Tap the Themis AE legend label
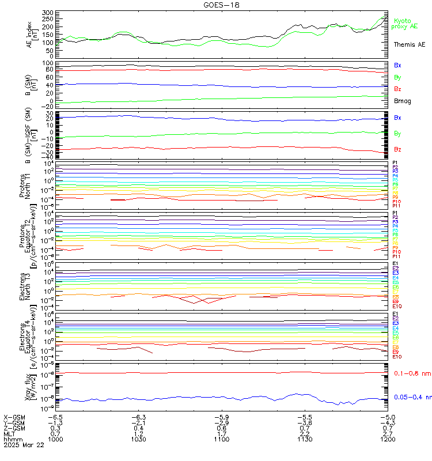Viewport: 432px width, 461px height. [408, 44]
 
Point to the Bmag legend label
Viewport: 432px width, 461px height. [402, 101]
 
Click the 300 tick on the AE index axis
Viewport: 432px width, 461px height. [48, 13]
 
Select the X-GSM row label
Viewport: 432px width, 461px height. [15, 417]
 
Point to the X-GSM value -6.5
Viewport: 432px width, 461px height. [55, 417]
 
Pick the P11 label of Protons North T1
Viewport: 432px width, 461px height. [396, 206]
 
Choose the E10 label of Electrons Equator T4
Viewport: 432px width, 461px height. [396, 357]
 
